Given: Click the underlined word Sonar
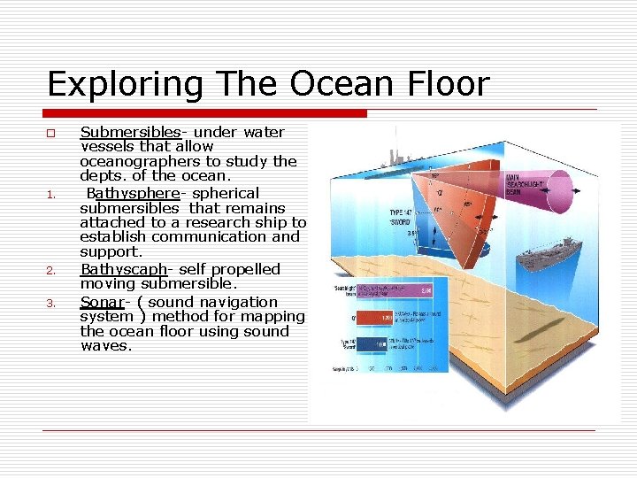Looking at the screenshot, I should pyautogui.click(x=102, y=302).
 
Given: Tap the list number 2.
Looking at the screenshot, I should pyautogui.click(x=51, y=271).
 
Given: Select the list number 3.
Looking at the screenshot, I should pyautogui.click(x=51, y=304).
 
